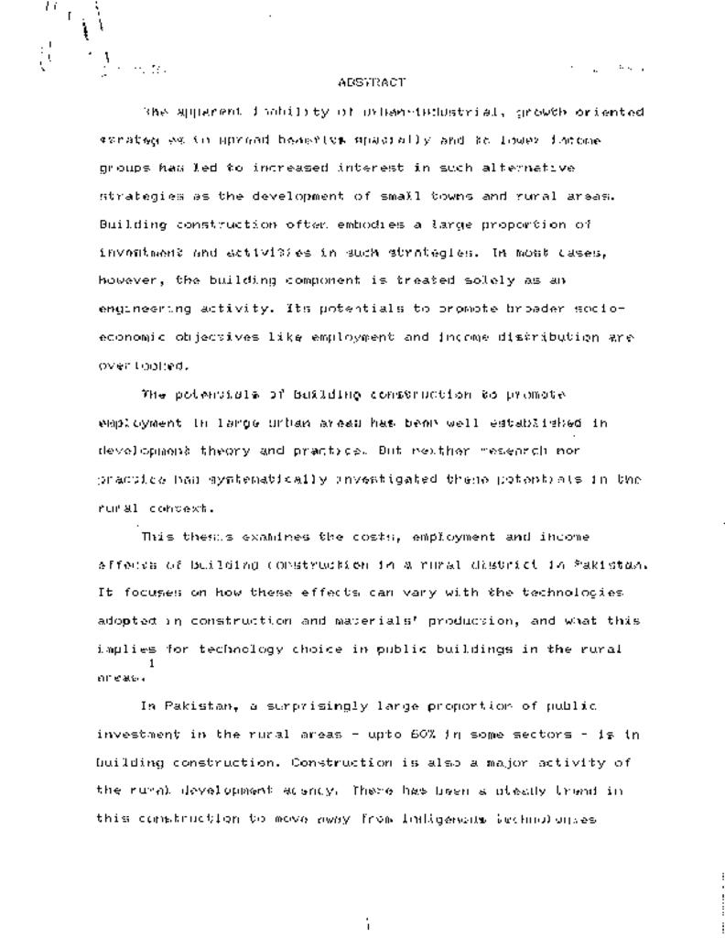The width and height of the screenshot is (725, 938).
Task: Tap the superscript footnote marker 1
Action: click(x=151, y=664)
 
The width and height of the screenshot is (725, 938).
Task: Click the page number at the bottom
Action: click(x=367, y=925)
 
